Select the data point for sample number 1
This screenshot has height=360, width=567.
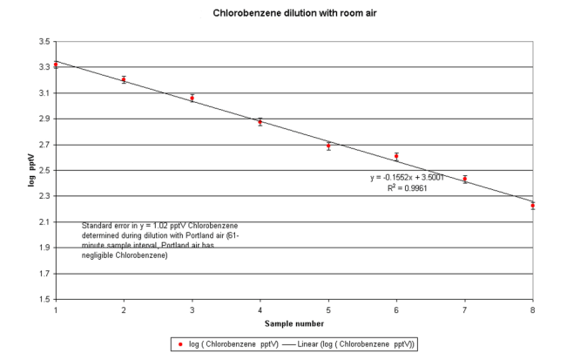coord(56,65)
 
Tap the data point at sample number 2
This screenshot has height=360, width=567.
coord(124,79)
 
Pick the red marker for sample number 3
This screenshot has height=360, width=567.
coord(192,98)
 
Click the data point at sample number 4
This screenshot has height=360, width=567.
coord(260,122)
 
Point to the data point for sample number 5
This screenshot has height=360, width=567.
coord(328,146)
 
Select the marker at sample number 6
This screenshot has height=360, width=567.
coord(396,157)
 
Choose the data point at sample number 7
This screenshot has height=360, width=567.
coord(465,180)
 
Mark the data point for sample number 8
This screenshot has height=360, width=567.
coord(532,206)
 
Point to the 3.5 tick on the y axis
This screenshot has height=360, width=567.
coord(41,41)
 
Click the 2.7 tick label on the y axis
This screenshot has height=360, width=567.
coord(41,145)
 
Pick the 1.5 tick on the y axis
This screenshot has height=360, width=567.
coord(41,299)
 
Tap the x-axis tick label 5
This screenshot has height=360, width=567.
coord(328,310)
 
